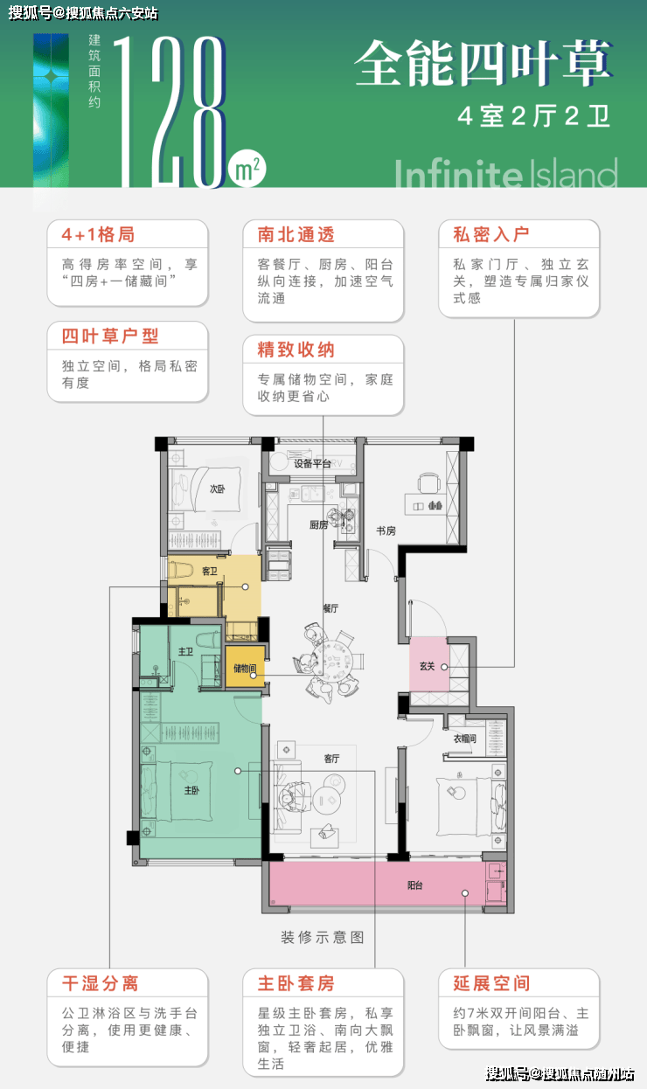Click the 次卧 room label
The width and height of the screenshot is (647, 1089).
pos(217,489)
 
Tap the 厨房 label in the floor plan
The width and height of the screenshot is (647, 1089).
pos(318,524)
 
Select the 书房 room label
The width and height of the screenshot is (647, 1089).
pos(386,531)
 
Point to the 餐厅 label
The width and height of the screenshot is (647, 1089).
pos(330,608)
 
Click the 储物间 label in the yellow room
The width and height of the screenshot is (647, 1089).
pos(245,669)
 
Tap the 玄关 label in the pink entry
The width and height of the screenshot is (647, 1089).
pos(428,666)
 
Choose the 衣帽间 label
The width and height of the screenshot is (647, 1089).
pos(464,739)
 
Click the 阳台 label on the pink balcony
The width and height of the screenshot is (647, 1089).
pos(415,885)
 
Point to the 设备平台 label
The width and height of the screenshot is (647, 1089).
pos(312,463)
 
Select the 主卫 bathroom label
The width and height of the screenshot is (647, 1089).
pos(185,651)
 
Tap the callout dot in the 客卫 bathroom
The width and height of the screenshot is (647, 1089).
pos(245,586)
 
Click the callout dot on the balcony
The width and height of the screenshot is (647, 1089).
pos(465,893)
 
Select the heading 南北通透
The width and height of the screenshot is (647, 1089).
pos(296,235)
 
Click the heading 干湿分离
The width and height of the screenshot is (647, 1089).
pos(101,983)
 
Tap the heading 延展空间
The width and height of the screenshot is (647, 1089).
pos(492,983)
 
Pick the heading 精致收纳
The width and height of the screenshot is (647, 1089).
pos(296,350)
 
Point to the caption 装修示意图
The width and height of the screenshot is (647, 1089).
pos(323,937)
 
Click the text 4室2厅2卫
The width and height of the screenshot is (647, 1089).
pos(534,116)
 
